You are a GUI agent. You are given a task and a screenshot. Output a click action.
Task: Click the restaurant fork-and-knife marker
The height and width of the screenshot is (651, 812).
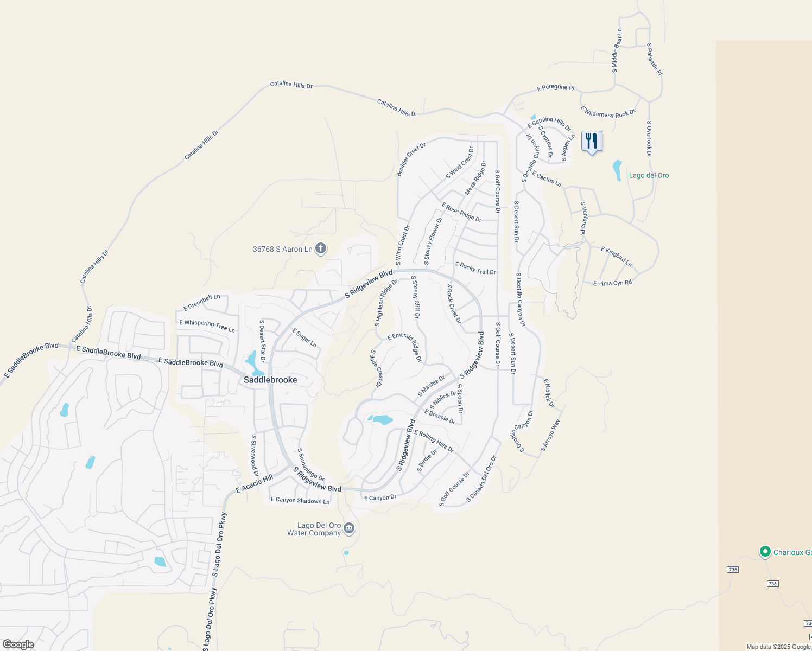tap(592, 141)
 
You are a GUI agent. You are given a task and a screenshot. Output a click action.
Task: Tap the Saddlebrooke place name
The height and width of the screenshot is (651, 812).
tap(270, 380)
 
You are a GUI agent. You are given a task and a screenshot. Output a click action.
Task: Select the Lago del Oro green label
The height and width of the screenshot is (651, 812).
tap(649, 175)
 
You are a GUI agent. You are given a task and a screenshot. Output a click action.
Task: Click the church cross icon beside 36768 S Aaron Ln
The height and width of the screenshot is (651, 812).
tap(321, 249)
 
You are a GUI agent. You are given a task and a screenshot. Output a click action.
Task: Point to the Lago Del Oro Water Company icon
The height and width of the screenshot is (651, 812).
tap(349, 528)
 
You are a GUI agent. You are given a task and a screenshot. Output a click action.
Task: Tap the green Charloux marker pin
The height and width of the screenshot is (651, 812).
tap(765, 552)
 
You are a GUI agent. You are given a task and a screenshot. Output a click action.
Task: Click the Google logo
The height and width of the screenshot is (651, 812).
tap(18, 644)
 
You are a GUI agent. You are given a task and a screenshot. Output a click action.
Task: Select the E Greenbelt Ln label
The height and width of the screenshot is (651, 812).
tap(202, 303)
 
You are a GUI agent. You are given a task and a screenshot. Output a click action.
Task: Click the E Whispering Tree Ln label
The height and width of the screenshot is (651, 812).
tap(207, 325)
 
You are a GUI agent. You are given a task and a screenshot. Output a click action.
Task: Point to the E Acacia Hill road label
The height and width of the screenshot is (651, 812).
tap(255, 484)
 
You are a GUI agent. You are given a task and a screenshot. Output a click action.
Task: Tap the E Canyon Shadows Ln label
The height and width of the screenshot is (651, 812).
tap(300, 500)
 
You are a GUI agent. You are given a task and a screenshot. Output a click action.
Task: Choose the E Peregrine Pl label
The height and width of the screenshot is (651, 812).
tap(555, 87)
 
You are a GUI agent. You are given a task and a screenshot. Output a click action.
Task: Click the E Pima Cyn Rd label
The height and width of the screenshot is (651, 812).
tap(612, 283)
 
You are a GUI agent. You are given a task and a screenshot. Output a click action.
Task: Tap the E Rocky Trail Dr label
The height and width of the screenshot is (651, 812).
tap(475, 269)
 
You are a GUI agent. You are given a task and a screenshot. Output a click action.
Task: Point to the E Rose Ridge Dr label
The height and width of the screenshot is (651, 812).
tap(461, 212)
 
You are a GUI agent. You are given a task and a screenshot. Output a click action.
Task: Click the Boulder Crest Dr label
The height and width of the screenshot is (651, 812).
tap(411, 159)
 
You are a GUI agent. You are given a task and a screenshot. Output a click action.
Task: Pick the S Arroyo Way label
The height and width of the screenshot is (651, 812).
tap(550, 435)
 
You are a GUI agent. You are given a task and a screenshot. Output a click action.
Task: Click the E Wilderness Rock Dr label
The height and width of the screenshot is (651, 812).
tap(607, 112)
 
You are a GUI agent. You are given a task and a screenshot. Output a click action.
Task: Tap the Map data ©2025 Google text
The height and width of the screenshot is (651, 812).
tap(778, 647)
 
